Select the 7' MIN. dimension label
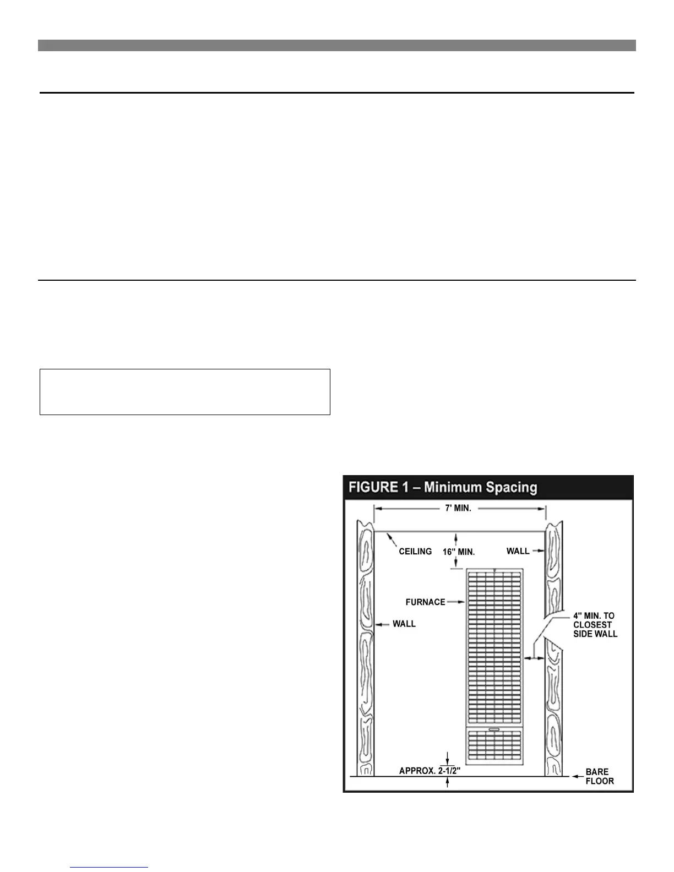pos(458,508)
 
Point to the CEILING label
pos(415,551)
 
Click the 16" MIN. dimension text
pos(459,552)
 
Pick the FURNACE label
pos(425,602)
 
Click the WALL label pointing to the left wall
pos(404,624)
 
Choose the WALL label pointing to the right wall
pos(518,551)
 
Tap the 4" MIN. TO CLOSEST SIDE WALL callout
pos(595,625)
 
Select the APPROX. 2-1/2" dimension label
pos(429,771)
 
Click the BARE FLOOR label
pos(599,776)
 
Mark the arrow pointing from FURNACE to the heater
pos(456,602)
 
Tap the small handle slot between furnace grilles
pos(494,729)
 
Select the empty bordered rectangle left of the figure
pos(185,391)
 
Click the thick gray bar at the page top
pos(336,45)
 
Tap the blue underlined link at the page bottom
pos(109,867)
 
